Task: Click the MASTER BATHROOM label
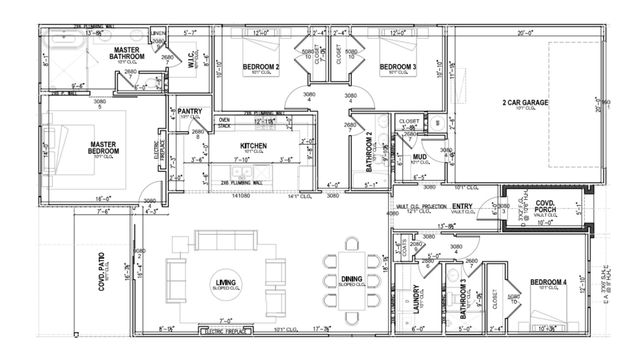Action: pyautogui.click(x=126, y=53)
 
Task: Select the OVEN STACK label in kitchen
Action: pyautogui.click(x=225, y=123)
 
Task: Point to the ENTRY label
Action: pyautogui.click(x=463, y=205)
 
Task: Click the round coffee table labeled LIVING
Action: pyautogui.click(x=225, y=285)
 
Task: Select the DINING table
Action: pyautogui.click(x=352, y=280)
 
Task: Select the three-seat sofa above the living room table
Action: pyautogui.click(x=225, y=241)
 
